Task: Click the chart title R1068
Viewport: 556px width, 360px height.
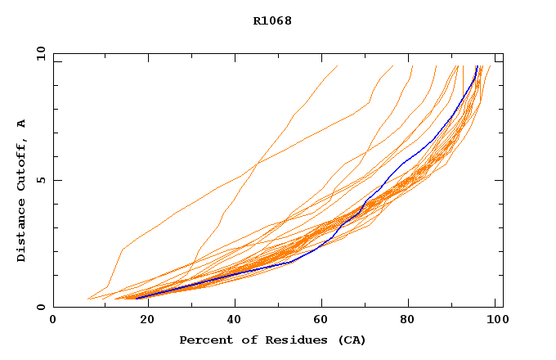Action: point(272,20)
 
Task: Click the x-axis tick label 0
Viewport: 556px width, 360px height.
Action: point(53,320)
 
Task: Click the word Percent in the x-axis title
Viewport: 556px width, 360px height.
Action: point(202,340)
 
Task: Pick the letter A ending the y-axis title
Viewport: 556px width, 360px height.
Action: point(22,124)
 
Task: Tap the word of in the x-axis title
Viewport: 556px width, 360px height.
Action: point(241,340)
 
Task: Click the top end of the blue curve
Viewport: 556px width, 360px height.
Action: point(477,66)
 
